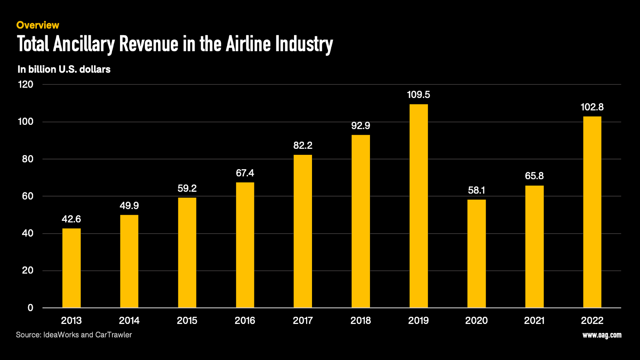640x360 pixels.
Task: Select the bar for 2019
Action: tap(418, 206)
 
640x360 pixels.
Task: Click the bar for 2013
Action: tap(71, 268)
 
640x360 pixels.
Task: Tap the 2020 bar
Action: tap(476, 254)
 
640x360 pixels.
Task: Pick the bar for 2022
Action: tap(592, 212)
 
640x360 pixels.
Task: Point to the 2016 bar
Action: tap(245, 245)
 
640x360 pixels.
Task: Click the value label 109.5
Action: tap(418, 95)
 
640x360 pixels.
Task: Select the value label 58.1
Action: tap(476, 190)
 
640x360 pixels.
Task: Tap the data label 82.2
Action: tap(303, 146)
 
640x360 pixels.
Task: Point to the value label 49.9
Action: tap(129, 206)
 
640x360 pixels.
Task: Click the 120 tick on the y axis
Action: tap(26, 84)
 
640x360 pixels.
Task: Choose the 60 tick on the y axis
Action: tap(28, 196)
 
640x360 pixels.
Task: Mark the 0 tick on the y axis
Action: tap(30, 308)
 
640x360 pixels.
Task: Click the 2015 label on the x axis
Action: tap(187, 320)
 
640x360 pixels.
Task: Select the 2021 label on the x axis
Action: tap(534, 320)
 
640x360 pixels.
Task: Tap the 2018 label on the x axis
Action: tap(360, 320)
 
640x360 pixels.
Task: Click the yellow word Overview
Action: tap(38, 25)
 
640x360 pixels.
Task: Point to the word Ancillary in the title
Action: tap(84, 44)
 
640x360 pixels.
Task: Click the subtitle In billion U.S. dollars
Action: tap(64, 69)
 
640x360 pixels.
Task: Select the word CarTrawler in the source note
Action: tap(114, 335)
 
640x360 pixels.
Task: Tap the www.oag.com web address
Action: tap(602, 335)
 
